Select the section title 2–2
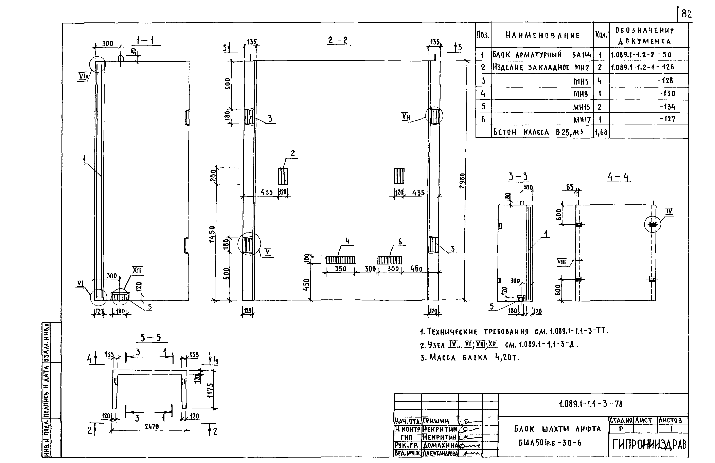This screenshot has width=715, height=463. [338, 40]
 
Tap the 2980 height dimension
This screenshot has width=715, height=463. [462, 181]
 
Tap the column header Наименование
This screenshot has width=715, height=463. [542, 35]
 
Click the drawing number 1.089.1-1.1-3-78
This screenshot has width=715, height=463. [591, 404]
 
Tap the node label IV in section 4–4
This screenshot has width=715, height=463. [669, 211]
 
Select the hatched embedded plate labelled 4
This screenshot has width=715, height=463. [340, 260]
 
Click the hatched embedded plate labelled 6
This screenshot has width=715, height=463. [390, 260]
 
